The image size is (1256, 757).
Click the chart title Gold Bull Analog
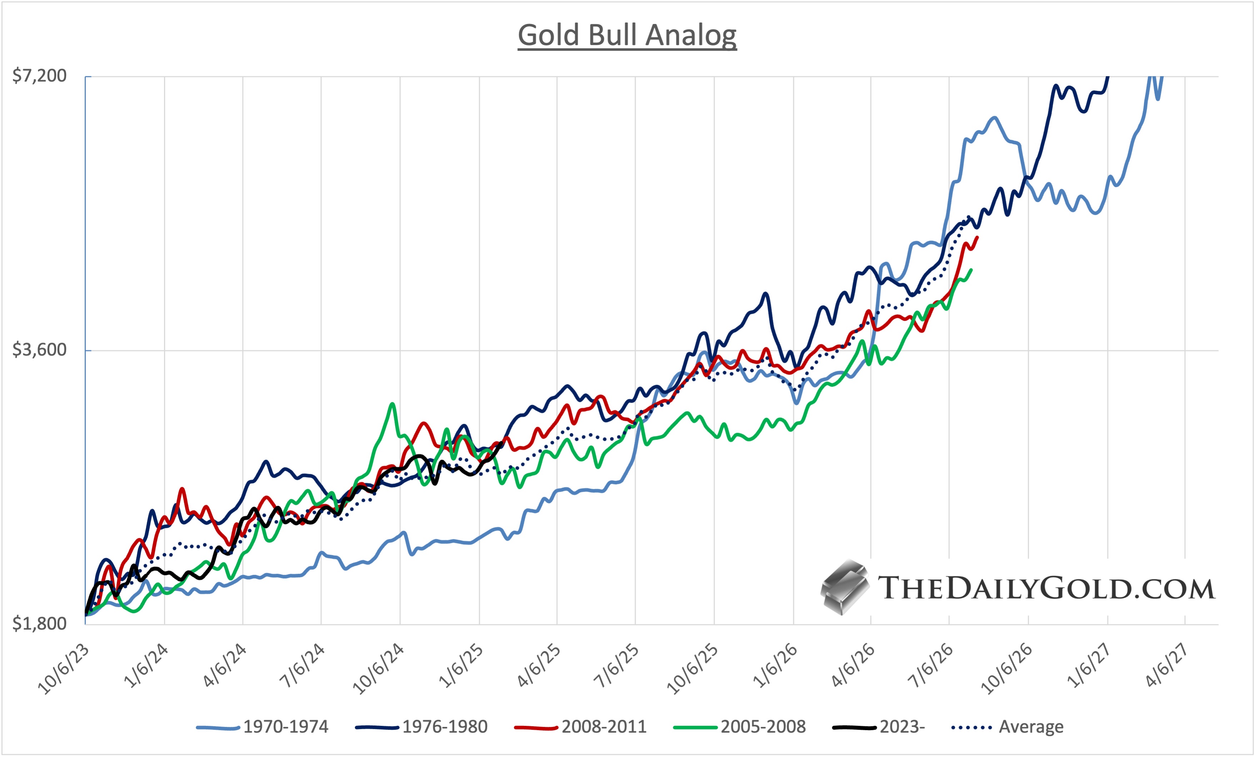[627, 36]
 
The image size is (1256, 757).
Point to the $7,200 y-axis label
[40, 76]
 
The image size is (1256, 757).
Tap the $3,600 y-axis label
[40, 350]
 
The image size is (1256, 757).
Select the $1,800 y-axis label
[40, 623]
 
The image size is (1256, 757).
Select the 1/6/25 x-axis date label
[462, 666]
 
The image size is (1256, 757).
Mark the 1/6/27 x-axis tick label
[1090, 666]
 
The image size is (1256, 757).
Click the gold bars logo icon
[845, 588]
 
